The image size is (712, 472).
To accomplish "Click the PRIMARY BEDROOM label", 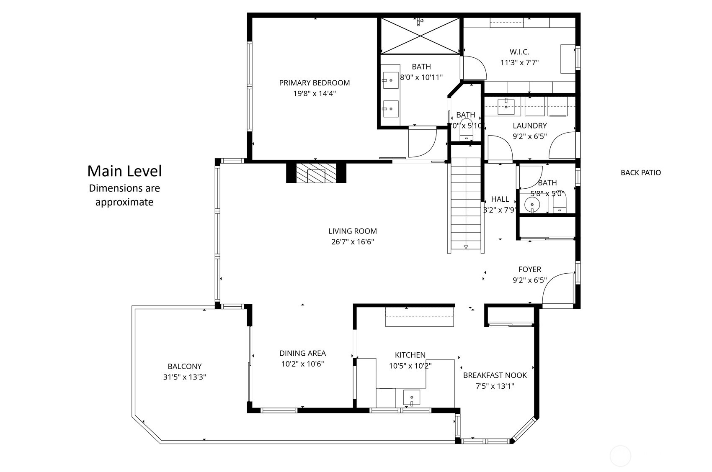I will pos(314,83).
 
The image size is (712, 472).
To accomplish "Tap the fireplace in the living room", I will pos(316,173).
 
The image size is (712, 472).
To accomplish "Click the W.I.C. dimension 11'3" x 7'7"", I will pos(519,63).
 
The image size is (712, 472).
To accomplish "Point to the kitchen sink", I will pos(412,397).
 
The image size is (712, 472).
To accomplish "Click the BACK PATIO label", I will pos(640,172).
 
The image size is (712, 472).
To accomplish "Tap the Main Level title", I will pos(124,171).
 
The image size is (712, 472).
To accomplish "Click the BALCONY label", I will pos(184,366).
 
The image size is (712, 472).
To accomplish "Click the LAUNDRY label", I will pos(529,126).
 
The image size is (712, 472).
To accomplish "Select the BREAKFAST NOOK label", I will pos(495,375).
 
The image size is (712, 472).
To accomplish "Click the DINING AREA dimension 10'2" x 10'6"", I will pos(302,364).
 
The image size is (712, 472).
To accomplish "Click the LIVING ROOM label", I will pos(352,231).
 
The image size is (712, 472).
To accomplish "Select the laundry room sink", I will pos(506,106).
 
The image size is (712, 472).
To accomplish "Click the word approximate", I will pos(124,202).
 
